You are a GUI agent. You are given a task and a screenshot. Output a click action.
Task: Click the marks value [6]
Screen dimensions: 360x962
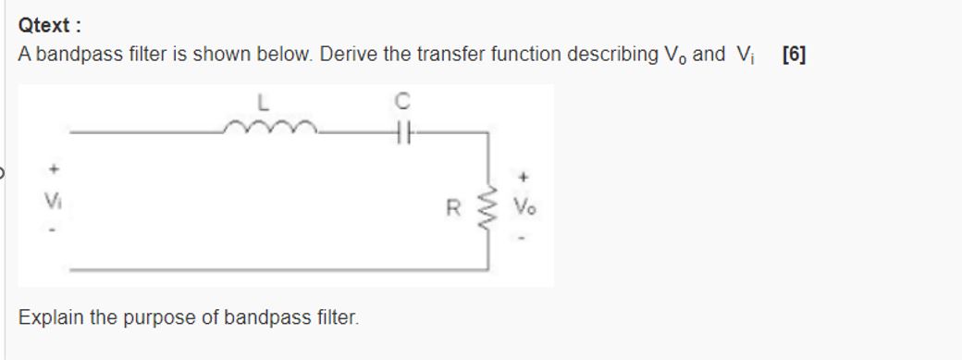click(x=794, y=55)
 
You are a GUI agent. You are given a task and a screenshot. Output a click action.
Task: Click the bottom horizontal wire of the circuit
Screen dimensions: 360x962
click(x=277, y=268)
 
